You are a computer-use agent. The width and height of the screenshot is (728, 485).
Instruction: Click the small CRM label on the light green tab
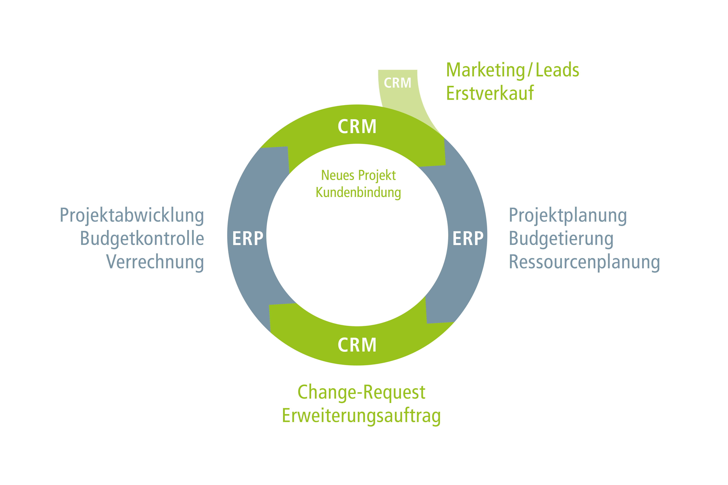tap(397, 83)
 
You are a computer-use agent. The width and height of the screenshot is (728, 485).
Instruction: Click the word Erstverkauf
tap(490, 93)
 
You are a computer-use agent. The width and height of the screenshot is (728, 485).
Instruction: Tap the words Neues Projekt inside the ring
tap(358, 175)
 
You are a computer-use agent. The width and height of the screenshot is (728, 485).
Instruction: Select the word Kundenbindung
tap(358, 192)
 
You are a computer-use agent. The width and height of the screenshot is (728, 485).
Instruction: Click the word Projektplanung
tap(568, 216)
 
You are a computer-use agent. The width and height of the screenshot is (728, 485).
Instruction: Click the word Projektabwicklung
tap(132, 216)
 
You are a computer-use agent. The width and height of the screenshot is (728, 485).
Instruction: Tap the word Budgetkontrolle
tap(142, 239)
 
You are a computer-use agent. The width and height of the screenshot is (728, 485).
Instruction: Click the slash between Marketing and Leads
tap(530, 70)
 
